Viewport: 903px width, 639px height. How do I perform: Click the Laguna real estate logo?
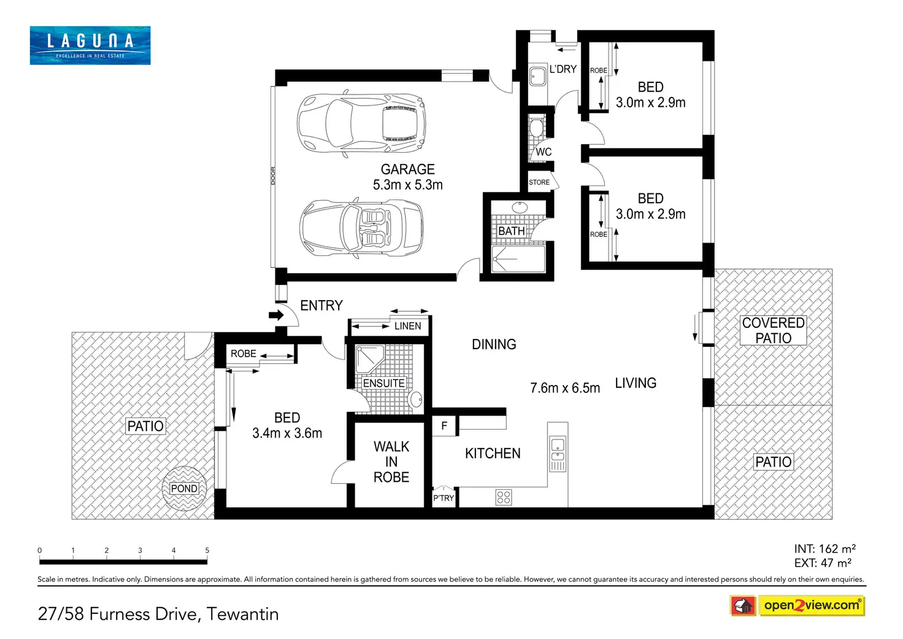point(90,45)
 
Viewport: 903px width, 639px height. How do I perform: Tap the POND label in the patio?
point(184,489)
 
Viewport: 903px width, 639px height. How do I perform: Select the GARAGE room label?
point(407,169)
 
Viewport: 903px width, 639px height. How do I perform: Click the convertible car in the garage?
point(361,228)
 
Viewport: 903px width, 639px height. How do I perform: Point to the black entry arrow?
point(277,315)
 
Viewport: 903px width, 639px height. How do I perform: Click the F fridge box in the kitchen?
point(444,425)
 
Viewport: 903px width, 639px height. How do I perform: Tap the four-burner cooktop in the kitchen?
point(504,497)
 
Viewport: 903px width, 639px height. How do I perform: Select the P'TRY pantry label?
point(444,498)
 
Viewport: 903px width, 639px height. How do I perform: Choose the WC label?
point(544,152)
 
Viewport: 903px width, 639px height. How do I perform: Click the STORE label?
point(539,182)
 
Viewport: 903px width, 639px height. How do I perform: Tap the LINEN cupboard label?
point(407,326)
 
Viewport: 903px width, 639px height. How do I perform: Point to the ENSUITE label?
point(384,383)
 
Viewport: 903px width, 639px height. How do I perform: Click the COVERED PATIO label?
point(773,330)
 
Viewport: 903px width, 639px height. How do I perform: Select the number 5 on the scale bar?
point(207,550)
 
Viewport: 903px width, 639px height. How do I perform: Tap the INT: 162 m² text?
point(825,549)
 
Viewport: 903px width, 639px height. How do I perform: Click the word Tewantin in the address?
point(242,614)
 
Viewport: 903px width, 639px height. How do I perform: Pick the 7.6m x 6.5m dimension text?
point(565,388)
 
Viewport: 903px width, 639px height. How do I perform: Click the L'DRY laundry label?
point(563,69)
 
